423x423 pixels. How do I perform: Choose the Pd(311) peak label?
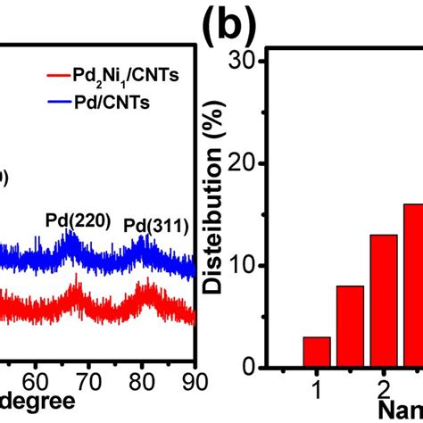[156, 225]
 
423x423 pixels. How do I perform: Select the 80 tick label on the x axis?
[141, 378]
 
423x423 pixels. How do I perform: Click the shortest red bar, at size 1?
[317, 352]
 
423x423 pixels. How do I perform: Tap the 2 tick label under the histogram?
[383, 390]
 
